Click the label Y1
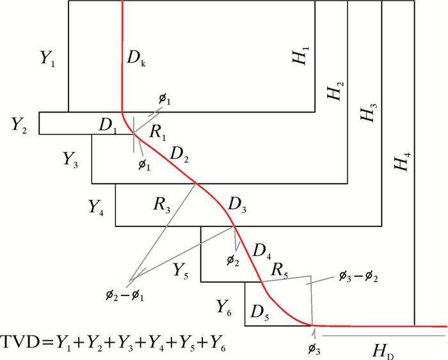[x=47, y=59]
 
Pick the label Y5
[x=180, y=271]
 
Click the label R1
[x=158, y=132]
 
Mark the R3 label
[x=161, y=204]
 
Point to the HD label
[x=382, y=350]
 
